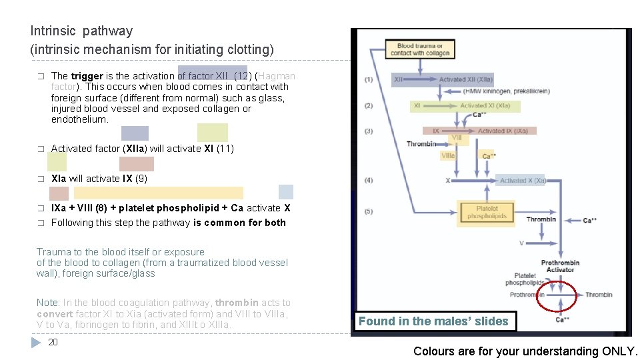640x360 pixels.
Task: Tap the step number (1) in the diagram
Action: (x=369, y=80)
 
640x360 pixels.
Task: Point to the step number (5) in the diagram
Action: (x=369, y=212)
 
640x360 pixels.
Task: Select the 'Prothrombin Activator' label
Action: (x=560, y=266)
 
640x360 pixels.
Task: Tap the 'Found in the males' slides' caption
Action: (x=433, y=321)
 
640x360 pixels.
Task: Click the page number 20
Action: (x=53, y=342)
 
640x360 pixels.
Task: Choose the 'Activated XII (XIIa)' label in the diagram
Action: (x=465, y=80)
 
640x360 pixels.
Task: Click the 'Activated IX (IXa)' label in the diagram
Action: (x=503, y=131)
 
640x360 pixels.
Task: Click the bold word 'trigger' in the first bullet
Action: (x=87, y=76)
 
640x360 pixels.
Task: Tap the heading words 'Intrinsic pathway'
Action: (x=82, y=31)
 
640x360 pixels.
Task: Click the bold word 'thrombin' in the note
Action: (x=237, y=303)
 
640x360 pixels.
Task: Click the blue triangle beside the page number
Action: (x=36, y=343)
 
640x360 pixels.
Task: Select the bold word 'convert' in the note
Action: (x=55, y=314)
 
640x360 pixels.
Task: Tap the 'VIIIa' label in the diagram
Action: (x=448, y=155)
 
